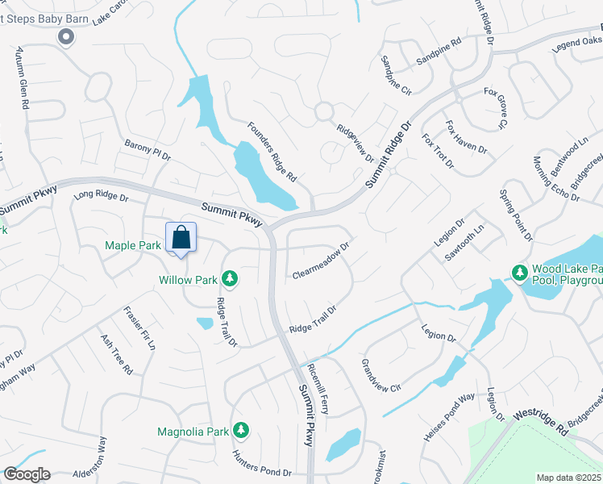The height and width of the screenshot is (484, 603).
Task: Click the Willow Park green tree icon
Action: [230, 279]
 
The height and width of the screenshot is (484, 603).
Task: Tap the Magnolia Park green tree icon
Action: [239, 431]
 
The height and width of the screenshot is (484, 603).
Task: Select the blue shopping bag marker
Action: [181, 238]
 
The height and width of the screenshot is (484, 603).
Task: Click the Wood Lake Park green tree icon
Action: [518, 273]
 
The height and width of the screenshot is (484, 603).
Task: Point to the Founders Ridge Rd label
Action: [272, 151]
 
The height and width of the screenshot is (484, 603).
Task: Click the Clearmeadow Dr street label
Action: [320, 259]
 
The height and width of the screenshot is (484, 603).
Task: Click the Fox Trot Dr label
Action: [439, 152]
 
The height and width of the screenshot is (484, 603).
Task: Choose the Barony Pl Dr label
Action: [148, 149]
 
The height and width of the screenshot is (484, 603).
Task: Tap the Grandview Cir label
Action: [381, 376]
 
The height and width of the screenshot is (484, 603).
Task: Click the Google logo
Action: [26, 474]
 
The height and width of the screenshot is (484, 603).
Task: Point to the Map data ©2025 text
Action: [569, 478]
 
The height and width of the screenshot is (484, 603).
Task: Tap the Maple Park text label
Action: [133, 245]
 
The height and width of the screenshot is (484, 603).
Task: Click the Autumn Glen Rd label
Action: [22, 79]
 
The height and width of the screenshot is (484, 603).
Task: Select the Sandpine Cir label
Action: [396, 75]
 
